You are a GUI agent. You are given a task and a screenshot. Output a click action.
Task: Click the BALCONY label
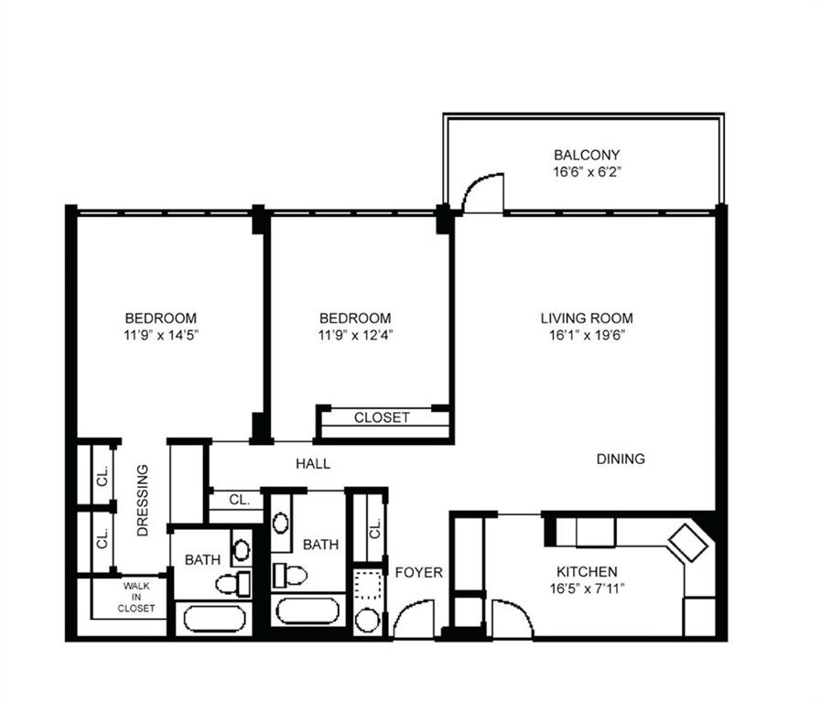[587, 155]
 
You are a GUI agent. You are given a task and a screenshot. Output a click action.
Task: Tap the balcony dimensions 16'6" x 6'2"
[587, 172]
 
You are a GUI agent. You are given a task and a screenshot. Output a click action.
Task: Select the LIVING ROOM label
[587, 318]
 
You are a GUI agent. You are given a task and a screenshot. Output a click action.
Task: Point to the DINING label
[620, 459]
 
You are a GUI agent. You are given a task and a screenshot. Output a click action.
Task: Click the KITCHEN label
[587, 572]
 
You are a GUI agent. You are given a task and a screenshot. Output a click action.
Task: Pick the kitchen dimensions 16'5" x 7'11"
[587, 589]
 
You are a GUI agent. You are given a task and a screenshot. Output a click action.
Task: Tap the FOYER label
[419, 573]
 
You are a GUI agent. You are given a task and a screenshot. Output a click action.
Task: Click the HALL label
[313, 463]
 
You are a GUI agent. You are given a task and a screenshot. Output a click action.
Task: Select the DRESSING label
[143, 501]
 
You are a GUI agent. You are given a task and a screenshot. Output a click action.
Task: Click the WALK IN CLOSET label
[136, 598]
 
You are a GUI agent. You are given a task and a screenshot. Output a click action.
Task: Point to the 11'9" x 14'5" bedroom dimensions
[161, 335]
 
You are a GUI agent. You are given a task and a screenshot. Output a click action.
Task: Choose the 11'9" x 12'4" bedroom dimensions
[355, 335]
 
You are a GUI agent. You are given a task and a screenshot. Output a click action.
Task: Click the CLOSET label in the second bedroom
[382, 417]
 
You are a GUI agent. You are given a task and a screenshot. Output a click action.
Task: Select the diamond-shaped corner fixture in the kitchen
[688, 543]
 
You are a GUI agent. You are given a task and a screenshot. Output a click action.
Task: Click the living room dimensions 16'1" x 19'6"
[587, 335]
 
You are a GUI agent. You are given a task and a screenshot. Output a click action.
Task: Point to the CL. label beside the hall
[239, 500]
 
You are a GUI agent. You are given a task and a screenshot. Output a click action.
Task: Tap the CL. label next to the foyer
[375, 528]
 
